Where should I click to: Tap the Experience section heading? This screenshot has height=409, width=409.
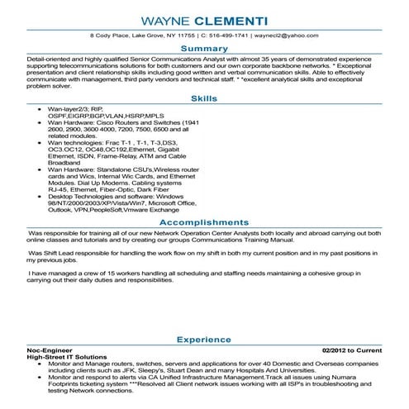(x=204, y=339)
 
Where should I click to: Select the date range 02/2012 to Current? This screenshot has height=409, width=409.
(x=352, y=350)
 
